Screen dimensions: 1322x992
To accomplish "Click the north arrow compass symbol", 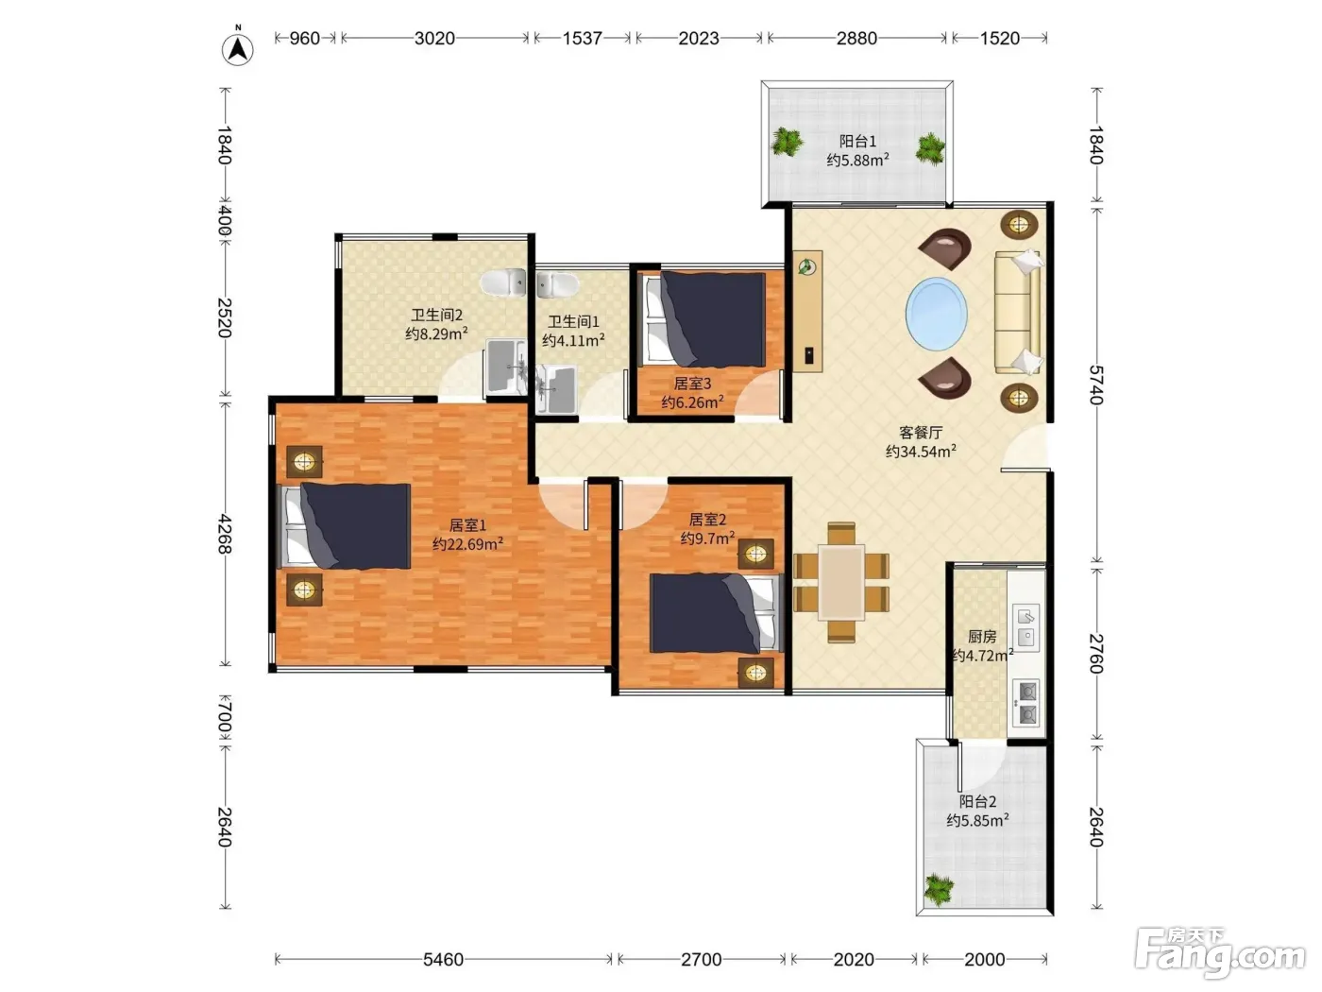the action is (237, 49).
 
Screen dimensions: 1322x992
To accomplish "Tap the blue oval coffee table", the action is (936, 314).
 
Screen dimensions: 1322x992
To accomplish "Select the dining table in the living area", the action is (840, 582).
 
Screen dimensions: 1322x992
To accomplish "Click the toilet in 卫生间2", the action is (503, 282).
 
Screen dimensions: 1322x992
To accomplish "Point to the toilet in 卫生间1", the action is (558, 285).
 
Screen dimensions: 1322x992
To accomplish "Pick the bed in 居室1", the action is (344, 526).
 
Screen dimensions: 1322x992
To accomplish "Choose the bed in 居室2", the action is (716, 613).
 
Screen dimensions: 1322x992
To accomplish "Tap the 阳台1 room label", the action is (857, 141).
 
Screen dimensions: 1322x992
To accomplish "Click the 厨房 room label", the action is (982, 636).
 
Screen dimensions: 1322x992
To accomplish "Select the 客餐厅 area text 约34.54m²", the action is (921, 452).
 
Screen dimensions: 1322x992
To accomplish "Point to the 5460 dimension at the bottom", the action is (443, 959).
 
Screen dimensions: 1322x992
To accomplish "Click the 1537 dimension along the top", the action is (582, 39).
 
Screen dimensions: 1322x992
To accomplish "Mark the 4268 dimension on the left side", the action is (224, 534).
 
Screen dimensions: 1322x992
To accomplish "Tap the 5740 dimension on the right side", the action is (1096, 385).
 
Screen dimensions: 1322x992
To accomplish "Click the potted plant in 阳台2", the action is (939, 889).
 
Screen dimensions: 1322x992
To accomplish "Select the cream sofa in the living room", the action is (1018, 312).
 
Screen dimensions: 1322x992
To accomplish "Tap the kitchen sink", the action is (1025, 627).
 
